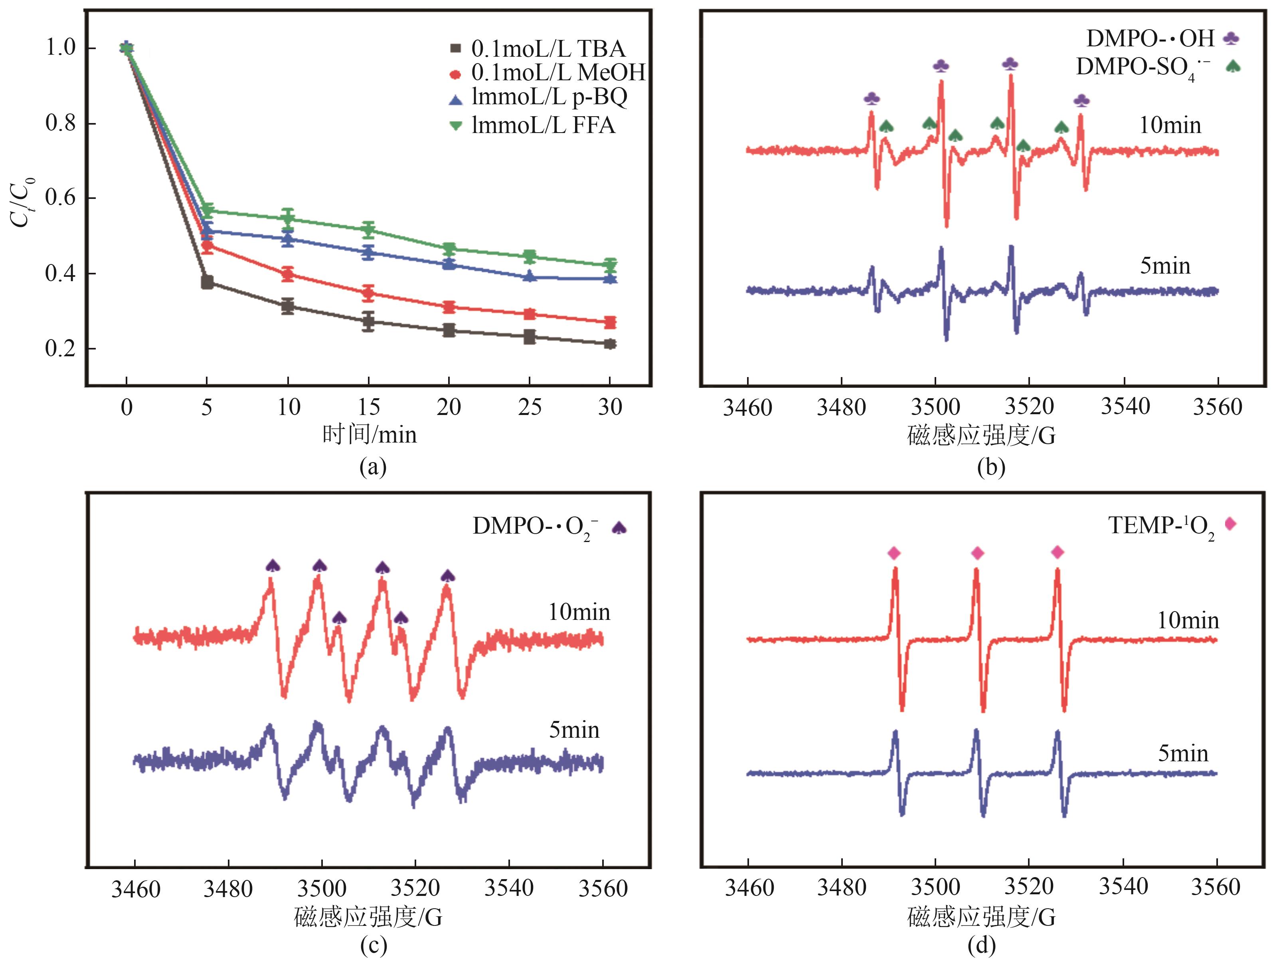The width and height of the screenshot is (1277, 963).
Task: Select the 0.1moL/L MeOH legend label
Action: click(557, 73)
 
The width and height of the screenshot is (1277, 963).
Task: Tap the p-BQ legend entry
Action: click(548, 97)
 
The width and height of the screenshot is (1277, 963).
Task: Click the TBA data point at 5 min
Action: click(207, 282)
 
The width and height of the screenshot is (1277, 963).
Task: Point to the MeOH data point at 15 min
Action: click(368, 293)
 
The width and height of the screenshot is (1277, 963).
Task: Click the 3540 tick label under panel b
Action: click(1125, 407)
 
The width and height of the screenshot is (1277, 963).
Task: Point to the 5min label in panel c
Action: click(574, 730)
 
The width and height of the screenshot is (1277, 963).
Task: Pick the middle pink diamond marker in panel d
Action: click(977, 554)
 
